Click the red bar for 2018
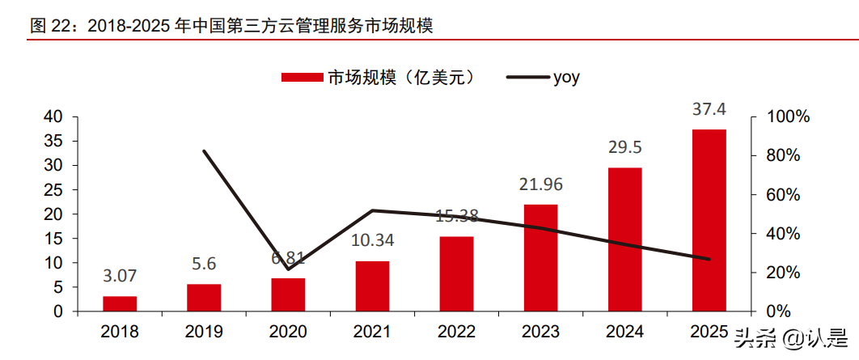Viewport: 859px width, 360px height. (x=120, y=303)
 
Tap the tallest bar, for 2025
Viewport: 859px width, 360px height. (x=709, y=220)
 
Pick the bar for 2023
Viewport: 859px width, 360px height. (x=540, y=257)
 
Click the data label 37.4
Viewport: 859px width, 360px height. (x=709, y=109)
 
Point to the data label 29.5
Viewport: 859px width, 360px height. (x=624, y=147)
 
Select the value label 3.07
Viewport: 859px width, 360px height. (x=120, y=277)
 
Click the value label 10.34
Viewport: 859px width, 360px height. (x=372, y=240)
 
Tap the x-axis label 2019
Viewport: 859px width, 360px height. (x=204, y=332)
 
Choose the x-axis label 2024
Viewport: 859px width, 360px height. (x=624, y=332)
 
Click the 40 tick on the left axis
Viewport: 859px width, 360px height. (x=53, y=116)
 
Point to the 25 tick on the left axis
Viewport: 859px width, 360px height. (x=53, y=190)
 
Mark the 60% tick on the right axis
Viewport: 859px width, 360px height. (x=785, y=195)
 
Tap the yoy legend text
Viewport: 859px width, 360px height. (x=566, y=78)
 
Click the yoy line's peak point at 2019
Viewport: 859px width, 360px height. (x=204, y=151)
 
